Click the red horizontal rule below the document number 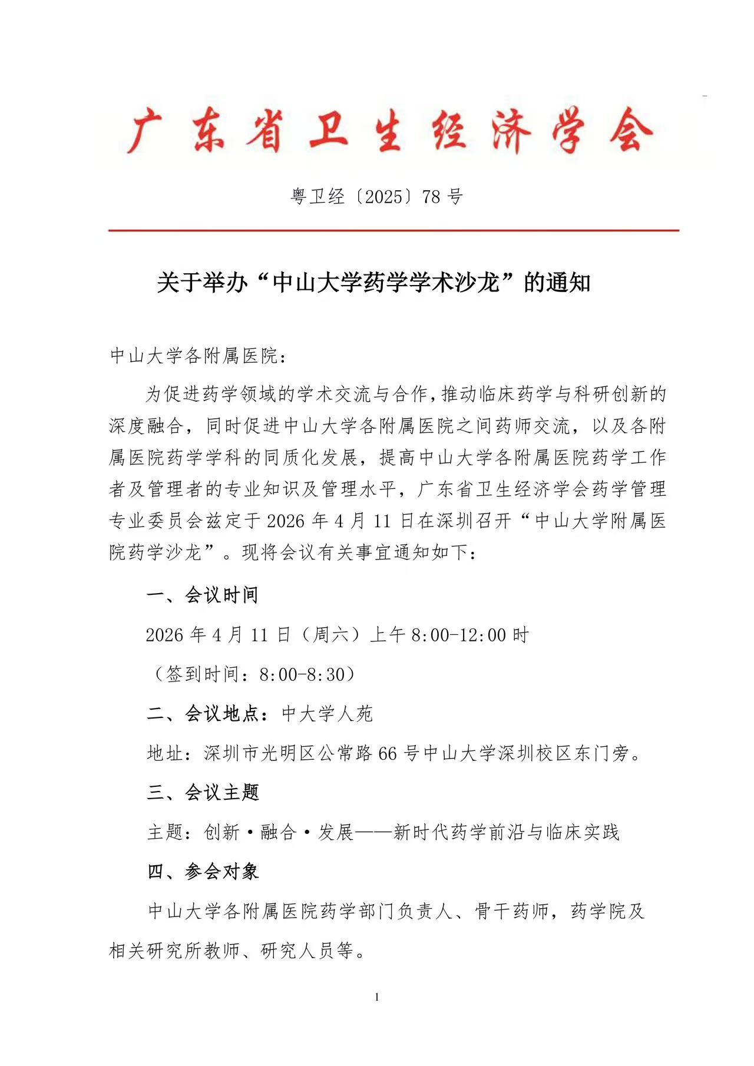(x=393, y=230)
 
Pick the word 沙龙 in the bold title (x=478, y=283)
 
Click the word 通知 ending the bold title (x=567, y=283)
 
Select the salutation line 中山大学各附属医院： (x=199, y=356)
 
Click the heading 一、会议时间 (x=203, y=595)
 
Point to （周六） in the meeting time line (x=329, y=635)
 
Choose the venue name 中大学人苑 (x=327, y=714)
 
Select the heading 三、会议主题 (x=203, y=793)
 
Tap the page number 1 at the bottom (x=377, y=997)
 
